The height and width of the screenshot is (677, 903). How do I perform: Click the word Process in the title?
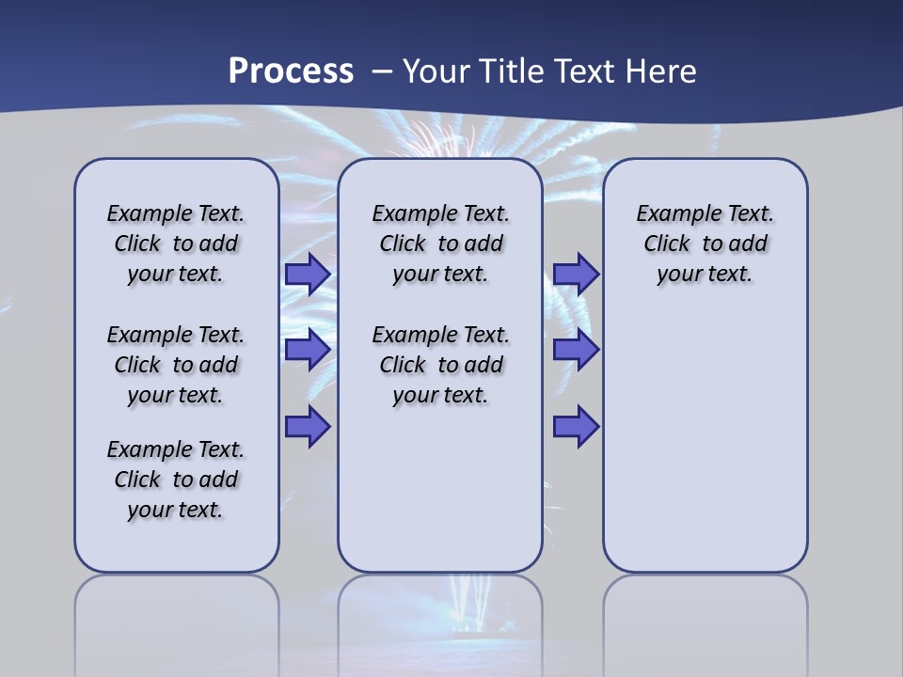point(291,71)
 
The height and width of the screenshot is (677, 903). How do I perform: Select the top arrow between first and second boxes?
point(307,275)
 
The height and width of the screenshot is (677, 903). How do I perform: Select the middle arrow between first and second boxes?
point(307,350)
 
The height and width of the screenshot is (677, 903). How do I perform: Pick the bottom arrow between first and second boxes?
point(307,427)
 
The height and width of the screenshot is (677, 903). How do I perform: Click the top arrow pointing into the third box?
point(576,275)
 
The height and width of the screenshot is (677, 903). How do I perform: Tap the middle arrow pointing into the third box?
point(576,350)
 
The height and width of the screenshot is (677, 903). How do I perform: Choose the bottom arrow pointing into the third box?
point(576,427)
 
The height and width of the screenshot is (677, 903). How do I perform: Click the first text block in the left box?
point(176,244)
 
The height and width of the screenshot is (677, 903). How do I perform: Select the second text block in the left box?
point(176,365)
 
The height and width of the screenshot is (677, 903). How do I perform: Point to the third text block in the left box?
point(176,480)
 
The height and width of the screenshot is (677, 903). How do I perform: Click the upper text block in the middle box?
point(440,244)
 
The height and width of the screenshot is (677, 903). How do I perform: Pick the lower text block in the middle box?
point(440,365)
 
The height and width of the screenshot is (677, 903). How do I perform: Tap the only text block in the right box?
point(705,244)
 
